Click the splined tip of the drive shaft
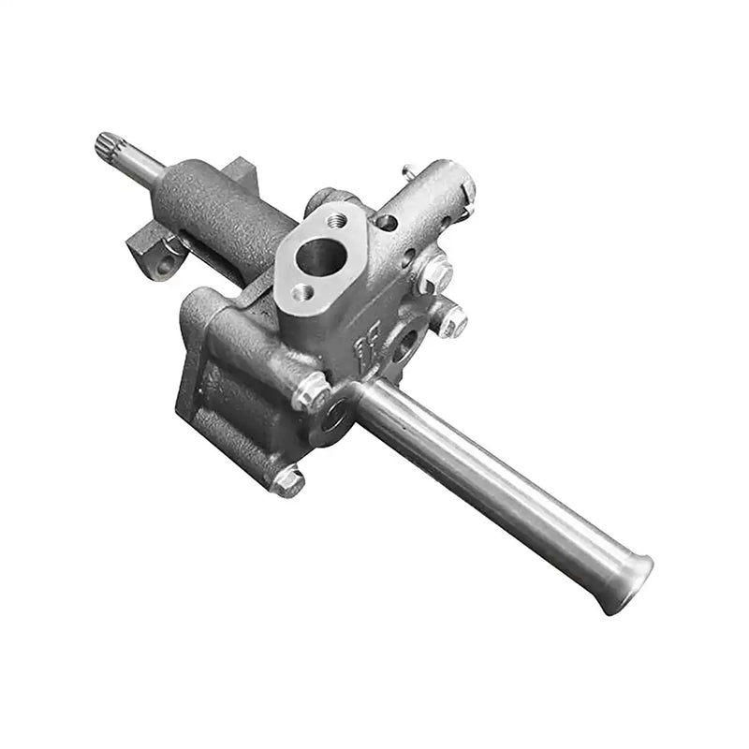coord(107,145)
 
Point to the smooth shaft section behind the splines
coord(139,164)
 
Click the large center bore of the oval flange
coord(317,253)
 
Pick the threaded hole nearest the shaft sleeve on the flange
coord(336,219)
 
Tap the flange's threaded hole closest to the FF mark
coord(301,291)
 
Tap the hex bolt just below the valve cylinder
coord(433,274)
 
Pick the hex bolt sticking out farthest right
coord(452,321)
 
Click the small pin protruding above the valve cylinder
coord(409,171)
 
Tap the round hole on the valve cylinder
coord(386,223)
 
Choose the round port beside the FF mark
coord(404,344)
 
